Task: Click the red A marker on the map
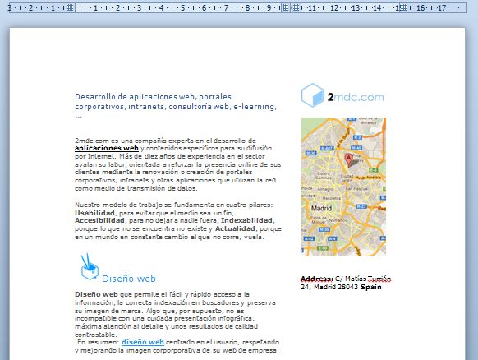click(347, 159)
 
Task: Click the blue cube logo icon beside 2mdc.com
click(312, 96)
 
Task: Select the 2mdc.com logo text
click(355, 97)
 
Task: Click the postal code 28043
click(347, 287)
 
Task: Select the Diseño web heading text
click(129, 279)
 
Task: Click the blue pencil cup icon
click(88, 269)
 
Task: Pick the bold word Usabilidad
click(94, 212)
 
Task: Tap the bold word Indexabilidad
click(246, 220)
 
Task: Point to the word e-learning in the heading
click(255, 106)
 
